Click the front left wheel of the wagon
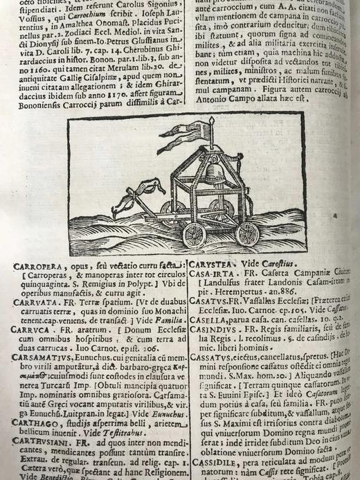pyautogui.click(x=195, y=235)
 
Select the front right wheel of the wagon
pyautogui.click(x=247, y=233)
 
